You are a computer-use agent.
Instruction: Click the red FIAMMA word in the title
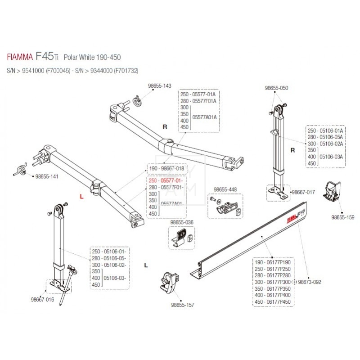tap(19, 58)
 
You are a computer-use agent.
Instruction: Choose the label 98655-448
tap(225, 189)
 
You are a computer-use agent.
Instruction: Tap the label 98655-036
tap(182, 222)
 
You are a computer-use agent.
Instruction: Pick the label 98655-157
tap(183, 305)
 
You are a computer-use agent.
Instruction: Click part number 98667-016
tap(42, 299)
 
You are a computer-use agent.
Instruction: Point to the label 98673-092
tap(310, 282)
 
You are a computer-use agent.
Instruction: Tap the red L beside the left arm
tap(81, 196)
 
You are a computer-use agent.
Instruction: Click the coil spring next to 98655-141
tap(20, 169)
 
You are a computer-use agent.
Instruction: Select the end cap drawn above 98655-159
tap(331, 192)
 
